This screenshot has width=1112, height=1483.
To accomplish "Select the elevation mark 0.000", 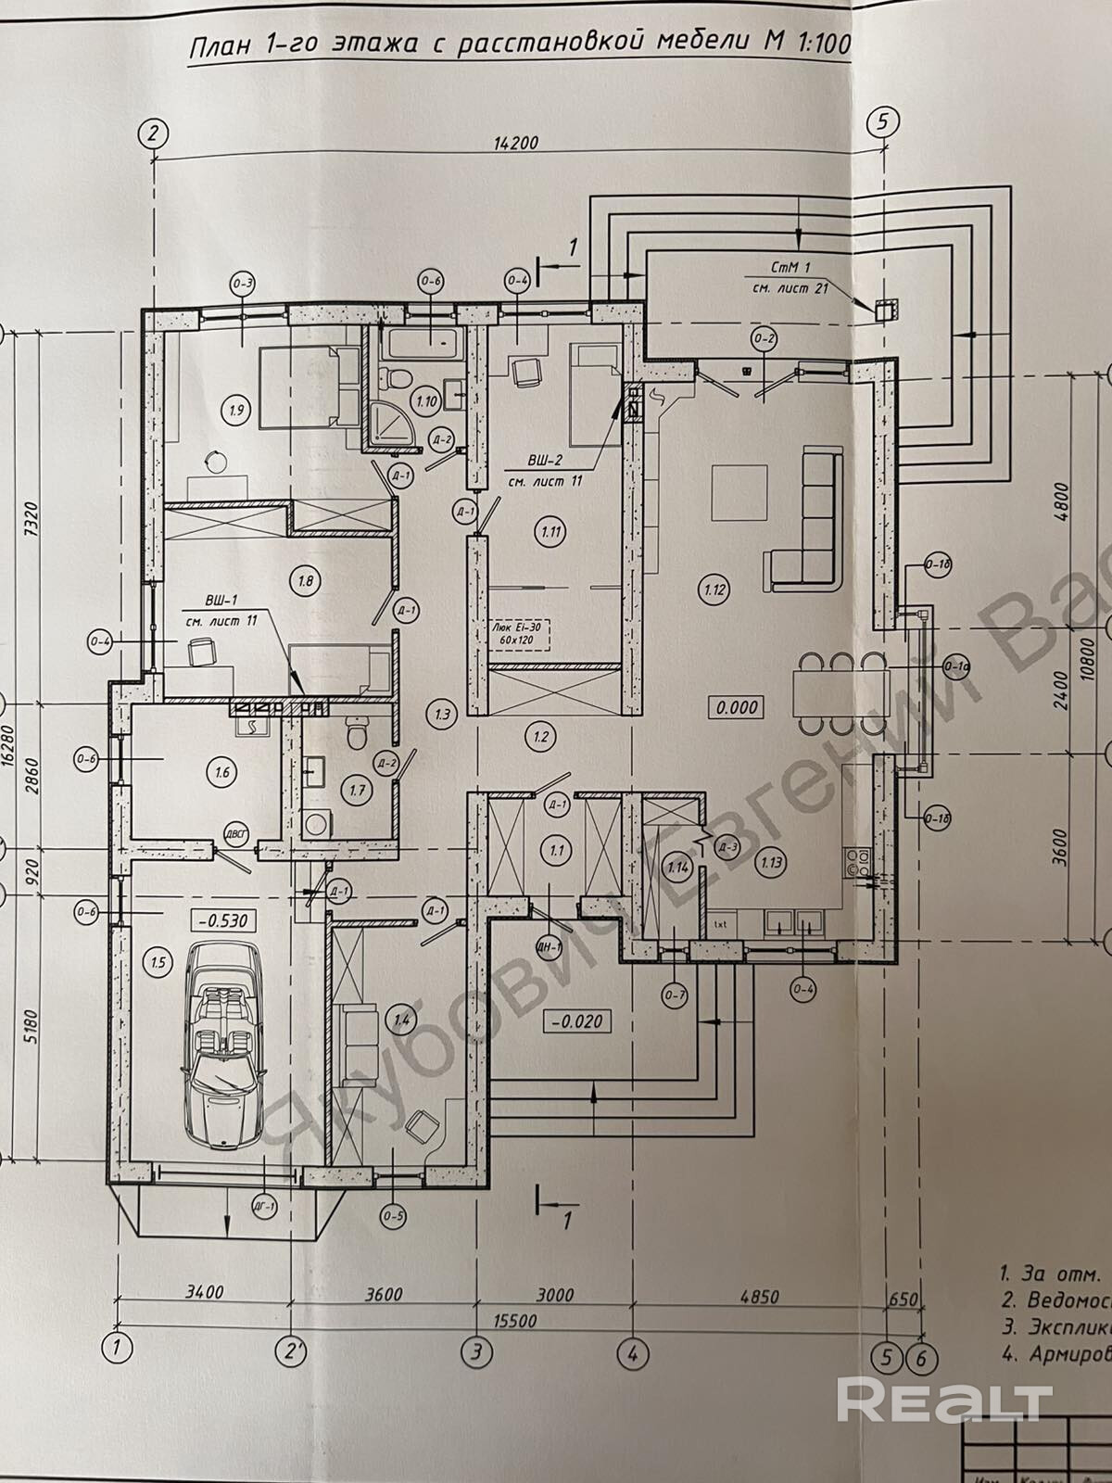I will pos(736,707).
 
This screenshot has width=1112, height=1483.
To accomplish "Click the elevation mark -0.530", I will pos(221,920).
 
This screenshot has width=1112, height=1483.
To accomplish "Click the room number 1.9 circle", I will pos(235,409).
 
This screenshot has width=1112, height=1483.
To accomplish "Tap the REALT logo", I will pos(944,1399).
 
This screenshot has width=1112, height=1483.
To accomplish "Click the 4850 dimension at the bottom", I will pos(762,1296).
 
